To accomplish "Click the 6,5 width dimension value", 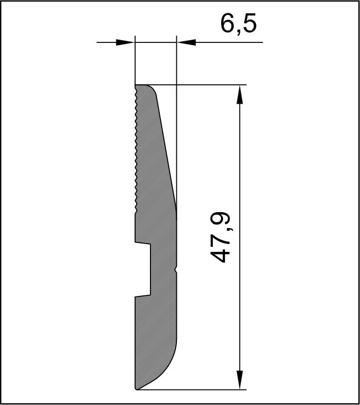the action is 239,24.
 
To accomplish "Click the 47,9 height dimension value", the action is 220,237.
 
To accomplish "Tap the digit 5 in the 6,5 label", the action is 250,23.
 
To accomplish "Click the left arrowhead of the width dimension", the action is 125,42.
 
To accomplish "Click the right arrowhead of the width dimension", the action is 186,42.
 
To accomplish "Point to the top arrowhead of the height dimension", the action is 240,95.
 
